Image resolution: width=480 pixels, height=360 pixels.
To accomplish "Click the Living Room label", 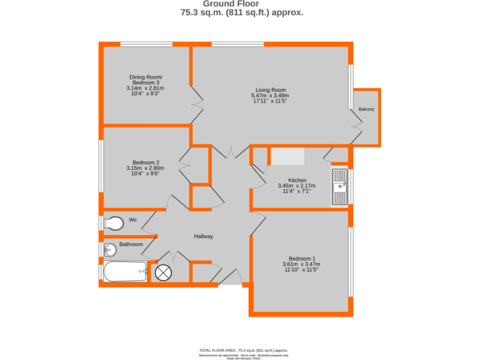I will pyautogui.click(x=270, y=89).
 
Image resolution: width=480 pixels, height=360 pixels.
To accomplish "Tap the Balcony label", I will pyautogui.click(x=367, y=109).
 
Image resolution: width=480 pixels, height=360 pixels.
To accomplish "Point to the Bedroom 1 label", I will pyautogui.click(x=302, y=259).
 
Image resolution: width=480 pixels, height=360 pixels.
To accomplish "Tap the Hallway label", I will pyautogui.click(x=203, y=236).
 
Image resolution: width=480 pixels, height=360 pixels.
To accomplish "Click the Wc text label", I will pyautogui.click(x=132, y=220).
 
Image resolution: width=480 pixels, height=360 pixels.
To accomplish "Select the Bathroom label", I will pyautogui.click(x=131, y=244).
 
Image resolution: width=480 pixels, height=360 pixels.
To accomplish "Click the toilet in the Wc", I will pyautogui.click(x=112, y=223).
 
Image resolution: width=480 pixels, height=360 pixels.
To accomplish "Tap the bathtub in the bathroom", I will pyautogui.click(x=126, y=272).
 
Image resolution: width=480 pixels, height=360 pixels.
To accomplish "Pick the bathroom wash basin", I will pyautogui.click(x=110, y=250).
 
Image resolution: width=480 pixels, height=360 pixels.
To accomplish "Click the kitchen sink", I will pyautogui.click(x=340, y=186).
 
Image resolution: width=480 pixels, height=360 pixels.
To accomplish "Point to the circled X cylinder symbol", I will pyautogui.click(x=162, y=272).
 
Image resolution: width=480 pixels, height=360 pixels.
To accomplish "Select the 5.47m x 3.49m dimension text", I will pyautogui.click(x=270, y=96).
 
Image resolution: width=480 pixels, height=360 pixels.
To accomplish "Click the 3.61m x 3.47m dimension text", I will pyautogui.click(x=302, y=264).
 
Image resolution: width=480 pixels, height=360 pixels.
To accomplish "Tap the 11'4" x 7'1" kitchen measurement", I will pyautogui.click(x=296, y=191).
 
